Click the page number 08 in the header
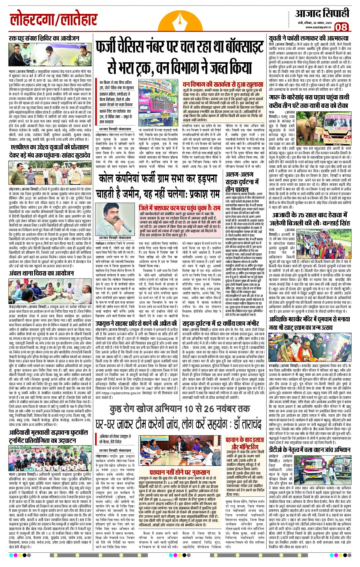point(341,27)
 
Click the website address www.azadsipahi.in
point(318,27)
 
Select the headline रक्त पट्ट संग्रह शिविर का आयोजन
point(44,38)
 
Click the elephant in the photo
point(307,126)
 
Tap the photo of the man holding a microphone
point(115,219)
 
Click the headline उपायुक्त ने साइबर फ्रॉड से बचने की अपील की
point(136,324)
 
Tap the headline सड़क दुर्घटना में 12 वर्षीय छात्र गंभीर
point(220,324)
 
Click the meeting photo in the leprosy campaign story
point(180,449)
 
